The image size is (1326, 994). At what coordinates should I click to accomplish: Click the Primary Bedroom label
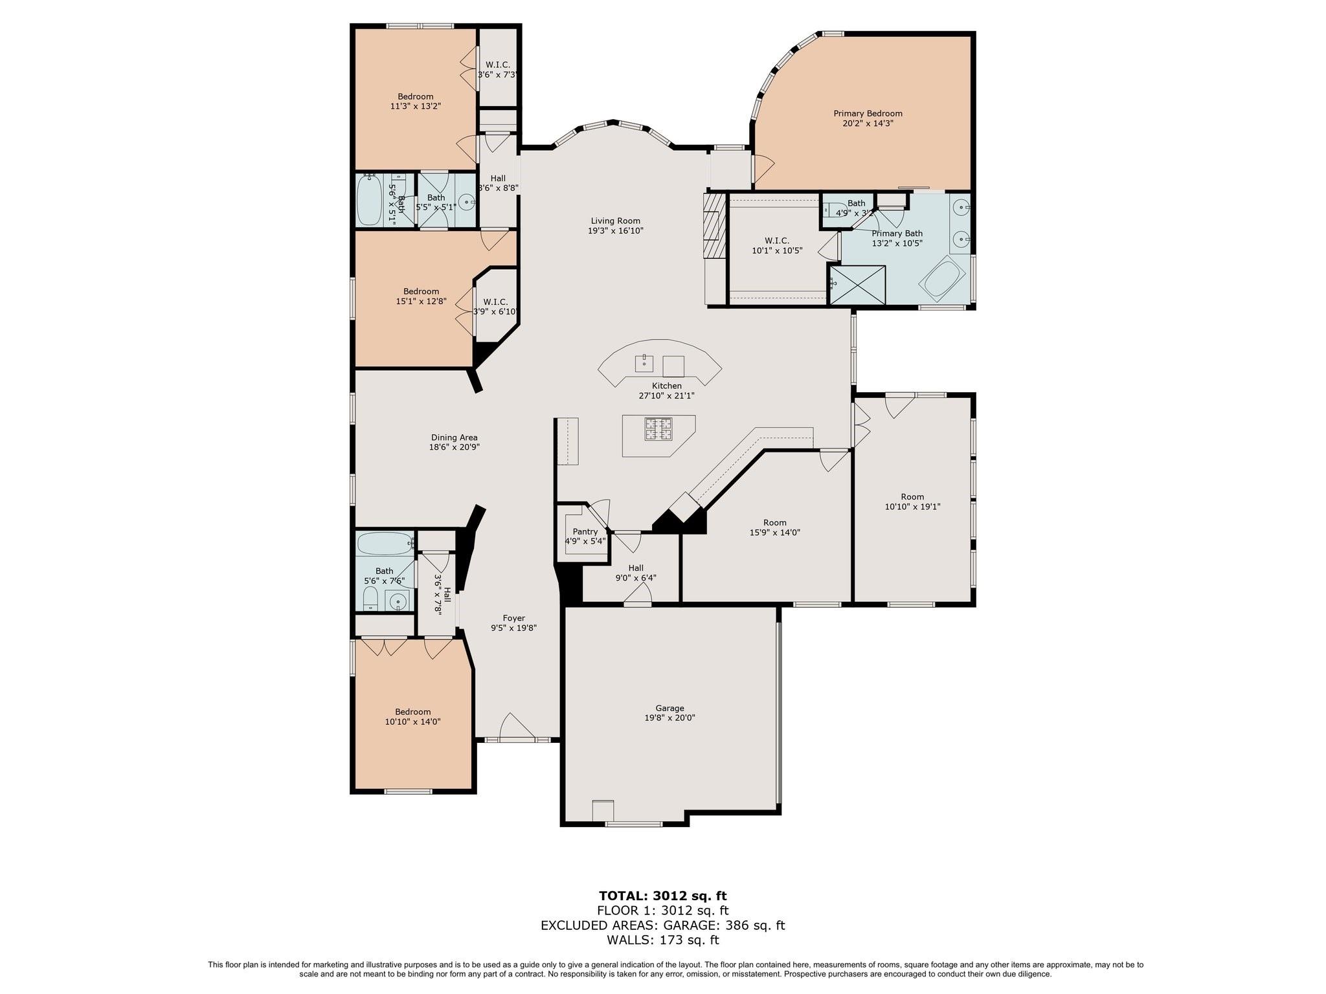[868, 113]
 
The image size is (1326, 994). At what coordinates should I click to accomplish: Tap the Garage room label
[669, 708]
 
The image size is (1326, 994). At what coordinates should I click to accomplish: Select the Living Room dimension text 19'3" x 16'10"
[615, 230]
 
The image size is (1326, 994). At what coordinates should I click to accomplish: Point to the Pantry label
[585, 532]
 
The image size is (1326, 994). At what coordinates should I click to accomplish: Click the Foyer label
[514, 618]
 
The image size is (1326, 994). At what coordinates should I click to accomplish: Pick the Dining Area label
[454, 437]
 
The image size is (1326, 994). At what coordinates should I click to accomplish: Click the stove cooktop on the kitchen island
[658, 428]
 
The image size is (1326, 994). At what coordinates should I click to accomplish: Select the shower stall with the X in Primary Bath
[857, 284]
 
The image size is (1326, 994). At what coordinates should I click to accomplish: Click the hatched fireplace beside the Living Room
[712, 226]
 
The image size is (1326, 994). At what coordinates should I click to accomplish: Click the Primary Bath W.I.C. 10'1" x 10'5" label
[777, 245]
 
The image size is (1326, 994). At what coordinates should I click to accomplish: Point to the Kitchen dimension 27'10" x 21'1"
[666, 395]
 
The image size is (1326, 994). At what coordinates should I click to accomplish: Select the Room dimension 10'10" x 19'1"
[912, 507]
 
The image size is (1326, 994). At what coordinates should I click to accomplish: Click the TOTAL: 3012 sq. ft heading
[662, 896]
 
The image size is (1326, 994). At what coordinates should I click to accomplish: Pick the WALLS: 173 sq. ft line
[662, 940]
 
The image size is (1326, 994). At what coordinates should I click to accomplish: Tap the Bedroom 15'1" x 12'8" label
[421, 296]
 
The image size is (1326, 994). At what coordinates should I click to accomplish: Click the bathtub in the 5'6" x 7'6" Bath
[385, 544]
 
